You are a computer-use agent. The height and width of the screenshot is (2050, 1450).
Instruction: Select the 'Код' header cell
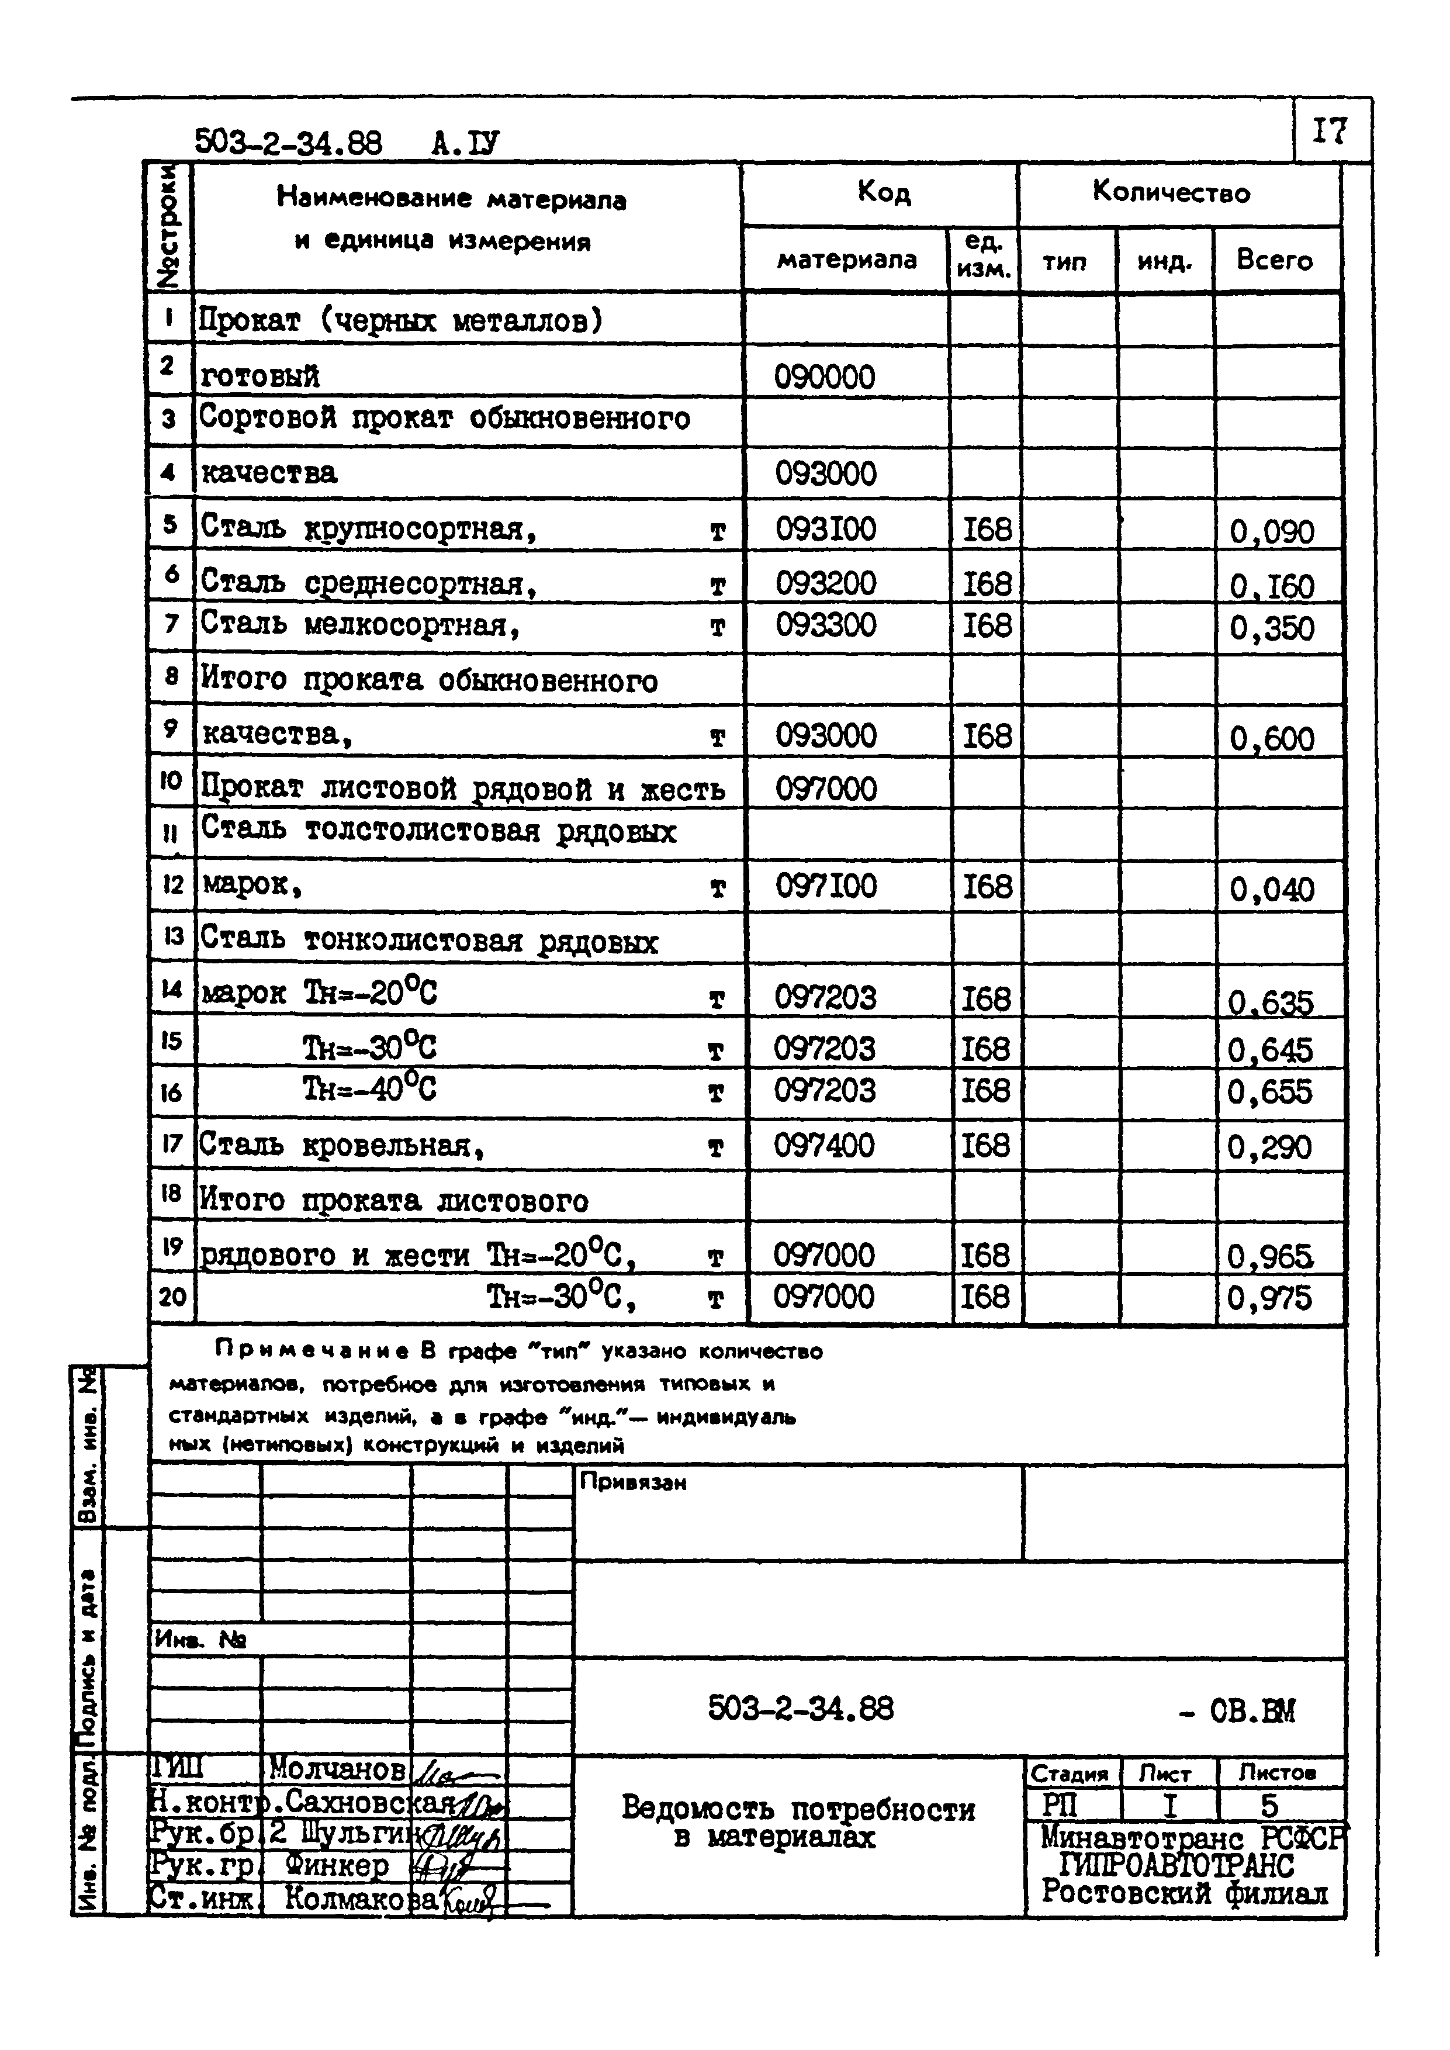click(883, 192)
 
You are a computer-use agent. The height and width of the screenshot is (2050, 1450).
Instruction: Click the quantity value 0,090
click(1271, 531)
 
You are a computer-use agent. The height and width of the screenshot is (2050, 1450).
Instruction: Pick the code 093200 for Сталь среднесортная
click(825, 584)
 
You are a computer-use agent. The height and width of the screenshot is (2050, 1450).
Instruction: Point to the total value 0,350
click(1271, 628)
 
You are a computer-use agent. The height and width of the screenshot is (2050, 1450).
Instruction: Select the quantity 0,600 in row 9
click(1271, 738)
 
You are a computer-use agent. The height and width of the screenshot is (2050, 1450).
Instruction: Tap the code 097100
click(825, 887)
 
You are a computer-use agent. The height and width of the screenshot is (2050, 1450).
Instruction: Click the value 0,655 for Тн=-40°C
click(1269, 1092)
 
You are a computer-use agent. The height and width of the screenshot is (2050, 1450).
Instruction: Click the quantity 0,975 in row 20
click(1269, 1297)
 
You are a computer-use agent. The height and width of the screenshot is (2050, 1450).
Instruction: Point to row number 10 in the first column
click(171, 782)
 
